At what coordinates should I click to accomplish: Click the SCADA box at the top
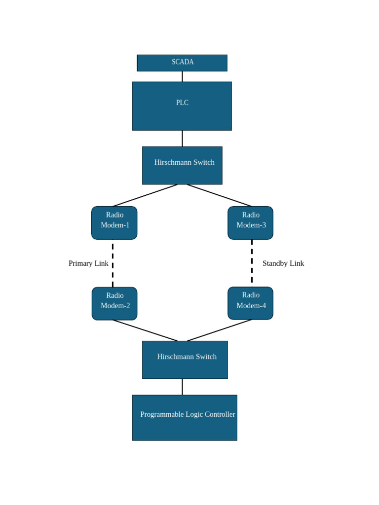pyautogui.click(x=182, y=63)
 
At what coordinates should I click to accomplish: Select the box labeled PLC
pyautogui.click(x=182, y=106)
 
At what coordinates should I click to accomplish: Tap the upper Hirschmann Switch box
pyautogui.click(x=182, y=165)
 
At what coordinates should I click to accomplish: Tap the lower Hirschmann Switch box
pyautogui.click(x=185, y=360)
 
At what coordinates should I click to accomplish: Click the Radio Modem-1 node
pyautogui.click(x=114, y=223)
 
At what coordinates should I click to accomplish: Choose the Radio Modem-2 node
pyautogui.click(x=114, y=303)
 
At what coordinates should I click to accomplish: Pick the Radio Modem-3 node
pyautogui.click(x=250, y=223)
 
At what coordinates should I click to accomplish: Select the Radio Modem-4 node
pyautogui.click(x=250, y=303)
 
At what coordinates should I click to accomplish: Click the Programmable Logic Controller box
pyautogui.click(x=185, y=417)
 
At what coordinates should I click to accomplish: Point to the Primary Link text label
pyautogui.click(x=88, y=263)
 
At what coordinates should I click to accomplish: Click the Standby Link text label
pyautogui.click(x=283, y=263)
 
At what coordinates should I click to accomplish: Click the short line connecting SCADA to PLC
pyautogui.click(x=182, y=76)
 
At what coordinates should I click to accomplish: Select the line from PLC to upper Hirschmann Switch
pyautogui.click(x=182, y=139)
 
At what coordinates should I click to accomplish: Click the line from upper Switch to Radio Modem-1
pyautogui.click(x=145, y=195)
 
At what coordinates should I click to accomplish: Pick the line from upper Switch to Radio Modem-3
pyautogui.click(x=220, y=195)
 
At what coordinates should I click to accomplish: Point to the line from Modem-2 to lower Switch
pyautogui.click(x=145, y=330)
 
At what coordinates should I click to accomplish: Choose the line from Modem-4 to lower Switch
pyautogui.click(x=220, y=330)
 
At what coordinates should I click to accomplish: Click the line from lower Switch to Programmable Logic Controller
pyautogui.click(x=182, y=387)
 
